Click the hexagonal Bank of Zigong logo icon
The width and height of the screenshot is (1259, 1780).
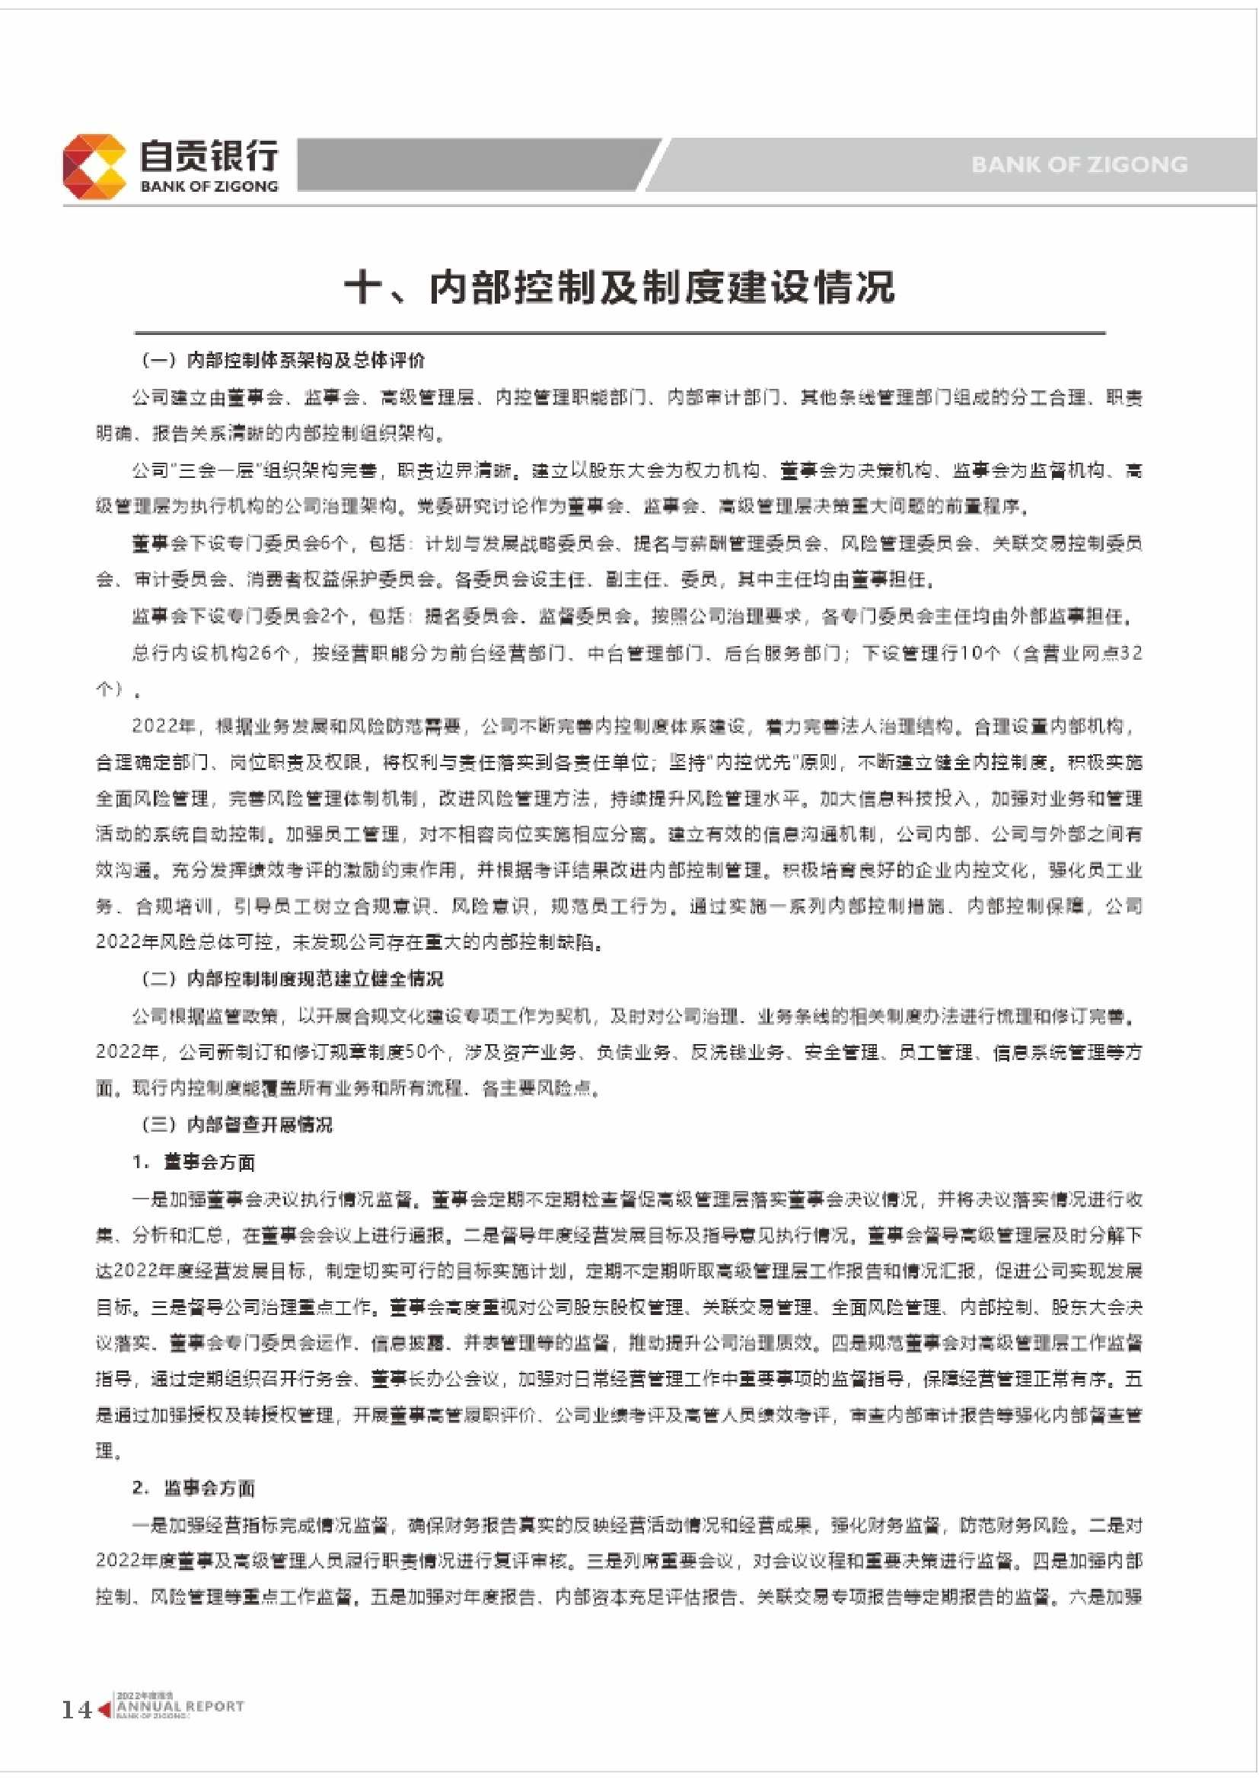click(94, 166)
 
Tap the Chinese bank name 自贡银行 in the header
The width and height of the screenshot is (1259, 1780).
click(208, 155)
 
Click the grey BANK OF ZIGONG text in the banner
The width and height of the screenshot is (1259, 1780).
click(1079, 164)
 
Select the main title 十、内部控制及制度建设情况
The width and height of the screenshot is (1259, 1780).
click(620, 288)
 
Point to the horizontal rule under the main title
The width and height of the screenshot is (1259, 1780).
click(620, 333)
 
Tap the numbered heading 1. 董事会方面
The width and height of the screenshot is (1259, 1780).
click(194, 1161)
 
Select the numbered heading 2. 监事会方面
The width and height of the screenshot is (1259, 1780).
click(194, 1488)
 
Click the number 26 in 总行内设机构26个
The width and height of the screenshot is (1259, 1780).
click(260, 654)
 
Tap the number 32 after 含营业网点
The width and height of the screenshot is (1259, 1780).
click(1131, 654)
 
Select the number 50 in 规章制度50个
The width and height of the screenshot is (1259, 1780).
click(415, 1052)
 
